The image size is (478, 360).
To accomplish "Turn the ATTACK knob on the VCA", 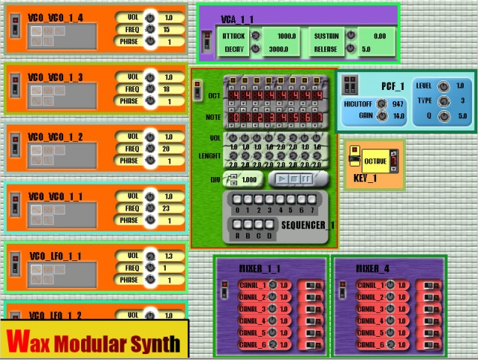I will tap(255, 36).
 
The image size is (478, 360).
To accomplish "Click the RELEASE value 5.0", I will tap(366, 49).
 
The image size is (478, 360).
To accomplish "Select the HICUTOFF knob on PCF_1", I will tap(382, 103).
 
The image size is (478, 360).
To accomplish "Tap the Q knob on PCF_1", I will tap(443, 116).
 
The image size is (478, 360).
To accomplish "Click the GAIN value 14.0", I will tap(397, 116).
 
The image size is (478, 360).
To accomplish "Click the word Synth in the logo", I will tap(151, 343).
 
